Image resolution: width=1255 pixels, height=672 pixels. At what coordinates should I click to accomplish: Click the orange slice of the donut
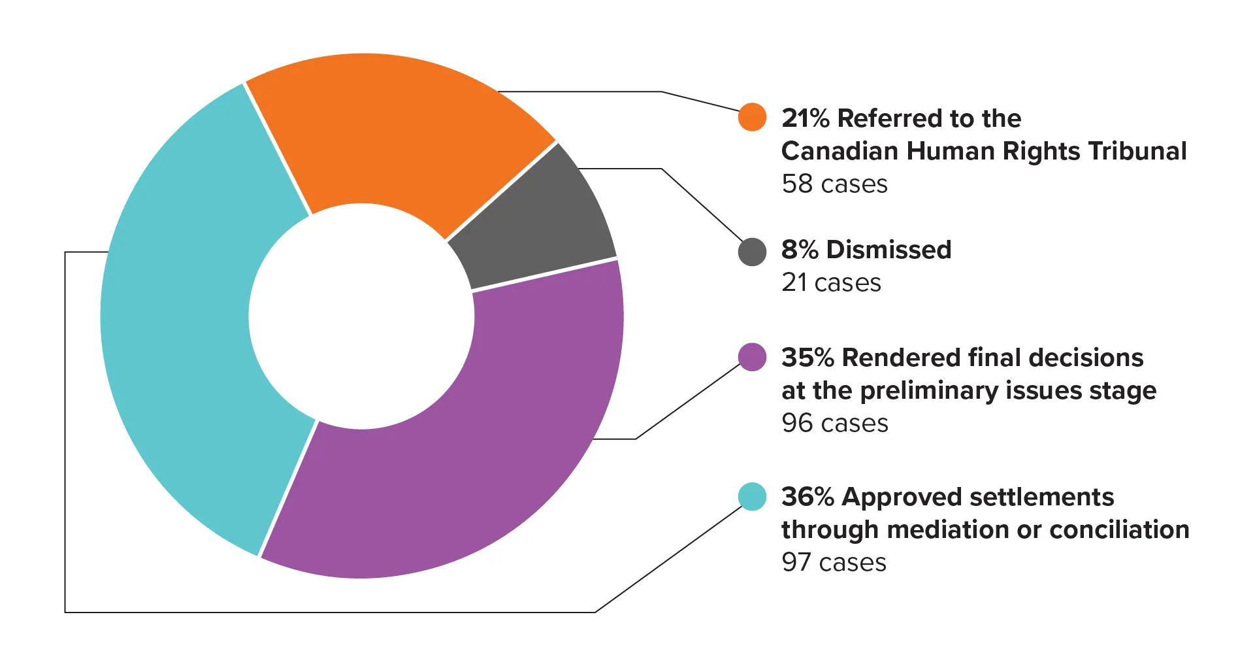(392, 131)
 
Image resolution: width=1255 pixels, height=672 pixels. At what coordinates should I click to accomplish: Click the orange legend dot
(752, 117)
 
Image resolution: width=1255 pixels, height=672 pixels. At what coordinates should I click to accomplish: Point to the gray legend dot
(752, 252)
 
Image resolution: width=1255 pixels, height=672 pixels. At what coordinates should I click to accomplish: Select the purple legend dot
(752, 357)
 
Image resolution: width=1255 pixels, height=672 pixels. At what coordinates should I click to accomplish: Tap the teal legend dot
(752, 497)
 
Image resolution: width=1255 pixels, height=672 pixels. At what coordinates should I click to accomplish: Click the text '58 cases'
(834, 184)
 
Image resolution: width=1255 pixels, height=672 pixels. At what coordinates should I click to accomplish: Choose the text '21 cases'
(831, 283)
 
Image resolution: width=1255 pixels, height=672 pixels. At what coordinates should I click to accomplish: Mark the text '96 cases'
(834, 424)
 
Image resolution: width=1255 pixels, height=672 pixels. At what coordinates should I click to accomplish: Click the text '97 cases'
(834, 563)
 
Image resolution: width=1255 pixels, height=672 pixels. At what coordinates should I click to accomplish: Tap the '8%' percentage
(800, 250)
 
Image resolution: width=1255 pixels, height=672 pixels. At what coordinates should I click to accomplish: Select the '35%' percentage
(807, 358)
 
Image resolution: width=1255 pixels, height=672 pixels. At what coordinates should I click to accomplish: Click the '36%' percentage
(807, 497)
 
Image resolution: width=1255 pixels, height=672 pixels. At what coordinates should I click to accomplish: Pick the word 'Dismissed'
(888, 250)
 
